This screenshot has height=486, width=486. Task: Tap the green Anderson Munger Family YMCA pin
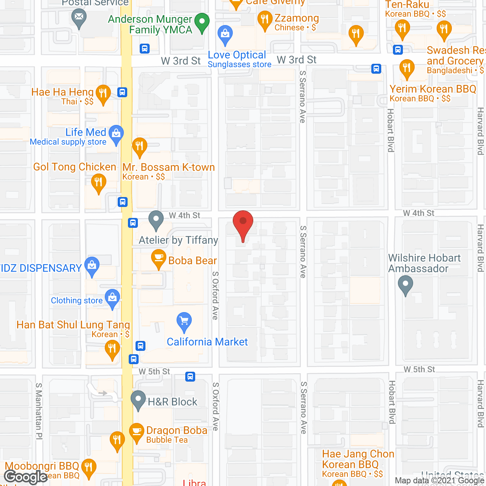(202, 22)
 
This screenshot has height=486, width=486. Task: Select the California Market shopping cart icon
(184, 321)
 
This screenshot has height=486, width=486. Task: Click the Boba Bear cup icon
(159, 258)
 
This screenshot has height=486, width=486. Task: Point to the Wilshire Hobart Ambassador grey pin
(406, 284)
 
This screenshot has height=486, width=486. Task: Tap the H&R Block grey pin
(138, 399)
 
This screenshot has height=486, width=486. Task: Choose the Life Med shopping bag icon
(116, 134)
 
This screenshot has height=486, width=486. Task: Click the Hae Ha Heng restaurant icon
(103, 93)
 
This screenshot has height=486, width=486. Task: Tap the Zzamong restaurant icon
(265, 19)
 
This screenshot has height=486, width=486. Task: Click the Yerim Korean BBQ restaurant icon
(407, 69)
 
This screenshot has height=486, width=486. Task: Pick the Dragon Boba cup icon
(137, 432)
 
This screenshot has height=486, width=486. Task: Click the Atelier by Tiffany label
(178, 240)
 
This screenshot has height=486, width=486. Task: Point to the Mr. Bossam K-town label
(169, 167)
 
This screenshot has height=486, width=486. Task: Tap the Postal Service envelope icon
(79, 17)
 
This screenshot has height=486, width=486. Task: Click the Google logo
(26, 477)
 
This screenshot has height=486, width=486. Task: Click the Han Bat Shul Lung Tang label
(73, 325)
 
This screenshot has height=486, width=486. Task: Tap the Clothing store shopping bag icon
(112, 298)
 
